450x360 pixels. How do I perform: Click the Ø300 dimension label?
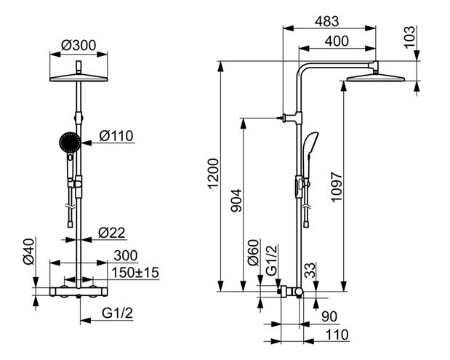[79, 45]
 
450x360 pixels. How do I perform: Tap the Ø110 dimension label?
[116, 136]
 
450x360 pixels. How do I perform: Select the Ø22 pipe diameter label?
[112, 233]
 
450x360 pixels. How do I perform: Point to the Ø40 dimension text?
[28, 252]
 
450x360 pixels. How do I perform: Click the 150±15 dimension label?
[135, 273]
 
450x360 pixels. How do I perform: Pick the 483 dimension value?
[327, 21]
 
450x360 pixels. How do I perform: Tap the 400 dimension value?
[337, 41]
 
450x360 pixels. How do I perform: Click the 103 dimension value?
[409, 37]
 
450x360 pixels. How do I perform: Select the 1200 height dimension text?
[214, 173]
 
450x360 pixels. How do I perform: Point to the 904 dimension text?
[236, 201]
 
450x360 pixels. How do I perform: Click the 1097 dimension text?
[337, 187]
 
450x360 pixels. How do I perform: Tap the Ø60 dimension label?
[254, 252]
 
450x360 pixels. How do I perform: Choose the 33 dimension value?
[310, 271]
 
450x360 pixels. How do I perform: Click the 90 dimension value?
[329, 316]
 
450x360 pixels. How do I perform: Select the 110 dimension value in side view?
[337, 335]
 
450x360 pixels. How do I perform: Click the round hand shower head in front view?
[70, 143]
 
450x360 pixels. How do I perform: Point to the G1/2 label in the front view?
[117, 313]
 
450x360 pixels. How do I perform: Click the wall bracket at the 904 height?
[291, 117]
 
